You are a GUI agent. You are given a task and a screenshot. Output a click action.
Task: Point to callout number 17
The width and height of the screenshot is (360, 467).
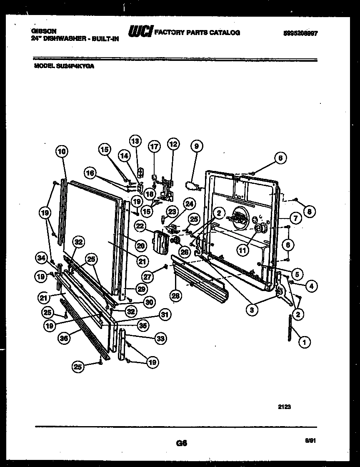pyautogui.click(x=154, y=147)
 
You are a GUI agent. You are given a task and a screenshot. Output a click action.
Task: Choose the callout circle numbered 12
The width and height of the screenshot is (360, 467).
pyautogui.click(x=172, y=145)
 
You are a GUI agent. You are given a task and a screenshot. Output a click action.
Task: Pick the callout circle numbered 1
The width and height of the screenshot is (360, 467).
pyautogui.click(x=304, y=343)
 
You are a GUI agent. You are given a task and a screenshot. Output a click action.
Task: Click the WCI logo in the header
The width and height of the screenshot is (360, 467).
pyautogui.click(x=140, y=32)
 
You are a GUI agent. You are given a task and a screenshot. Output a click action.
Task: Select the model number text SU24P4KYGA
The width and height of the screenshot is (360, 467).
pyautogui.click(x=75, y=65)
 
